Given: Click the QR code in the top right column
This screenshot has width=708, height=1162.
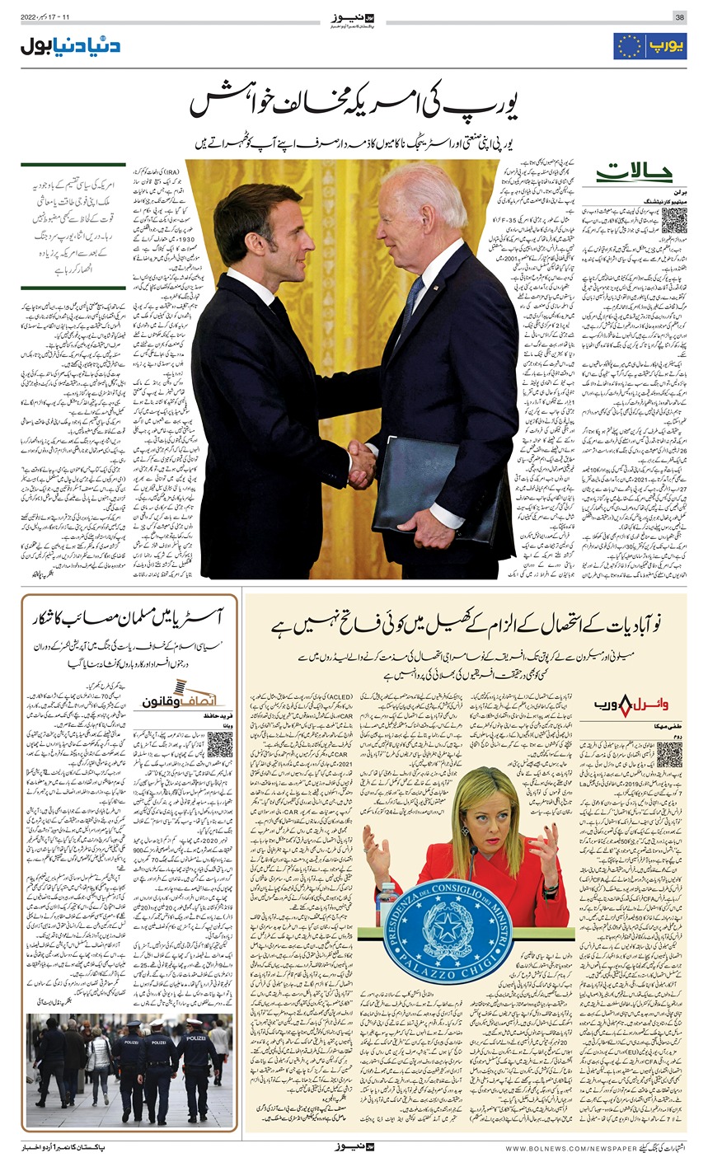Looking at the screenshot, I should click(x=673, y=221).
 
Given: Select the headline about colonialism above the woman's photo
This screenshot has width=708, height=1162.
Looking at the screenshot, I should click(x=466, y=626).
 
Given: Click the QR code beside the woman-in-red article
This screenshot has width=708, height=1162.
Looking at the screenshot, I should click(x=669, y=753).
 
